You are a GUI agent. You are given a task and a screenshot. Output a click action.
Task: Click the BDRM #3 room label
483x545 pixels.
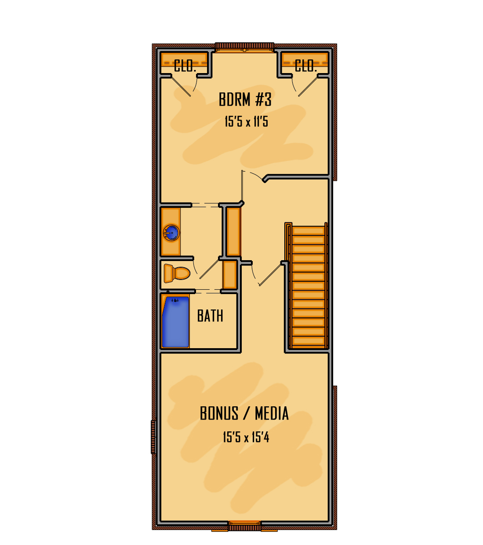245,99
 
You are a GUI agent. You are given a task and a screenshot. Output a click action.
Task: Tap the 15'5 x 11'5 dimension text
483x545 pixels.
246,122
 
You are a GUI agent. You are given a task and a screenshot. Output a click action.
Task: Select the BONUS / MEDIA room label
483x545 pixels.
244,413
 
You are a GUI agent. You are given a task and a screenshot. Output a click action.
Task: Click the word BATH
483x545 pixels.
210,316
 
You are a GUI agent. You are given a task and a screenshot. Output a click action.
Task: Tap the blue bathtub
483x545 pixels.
176,322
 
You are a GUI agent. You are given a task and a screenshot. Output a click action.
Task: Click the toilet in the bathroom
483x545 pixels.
177,273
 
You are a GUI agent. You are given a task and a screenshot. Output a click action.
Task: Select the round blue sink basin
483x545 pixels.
171,233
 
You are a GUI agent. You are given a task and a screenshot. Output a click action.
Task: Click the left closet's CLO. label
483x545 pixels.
185,66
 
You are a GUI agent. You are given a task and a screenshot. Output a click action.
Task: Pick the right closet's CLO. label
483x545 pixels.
306,66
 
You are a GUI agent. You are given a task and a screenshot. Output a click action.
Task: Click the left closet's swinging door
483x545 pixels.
181,87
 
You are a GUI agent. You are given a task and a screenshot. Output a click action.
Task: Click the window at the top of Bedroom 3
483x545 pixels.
244,50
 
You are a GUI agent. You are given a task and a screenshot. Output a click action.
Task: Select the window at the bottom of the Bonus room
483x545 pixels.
244,523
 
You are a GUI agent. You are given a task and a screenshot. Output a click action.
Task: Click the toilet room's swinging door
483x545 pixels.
209,269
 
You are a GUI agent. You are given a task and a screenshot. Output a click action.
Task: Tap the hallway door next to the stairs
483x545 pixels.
270,275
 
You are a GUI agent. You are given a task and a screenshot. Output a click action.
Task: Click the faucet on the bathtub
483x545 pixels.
175,300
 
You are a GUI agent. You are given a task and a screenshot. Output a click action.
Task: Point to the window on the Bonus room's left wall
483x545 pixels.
153,437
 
